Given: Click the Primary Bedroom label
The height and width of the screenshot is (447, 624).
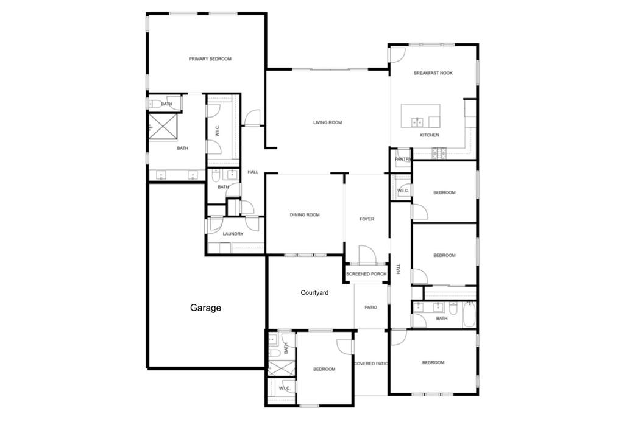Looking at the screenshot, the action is point(210,59).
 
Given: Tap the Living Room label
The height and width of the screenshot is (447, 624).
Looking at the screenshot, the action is point(327,122).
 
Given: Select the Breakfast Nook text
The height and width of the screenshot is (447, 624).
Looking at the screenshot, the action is point(433,73).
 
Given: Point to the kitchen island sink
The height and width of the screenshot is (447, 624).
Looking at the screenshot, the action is point(417,122).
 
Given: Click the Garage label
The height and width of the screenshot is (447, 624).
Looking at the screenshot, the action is point(205,308).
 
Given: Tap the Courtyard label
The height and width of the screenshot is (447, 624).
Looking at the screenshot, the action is point(314,293).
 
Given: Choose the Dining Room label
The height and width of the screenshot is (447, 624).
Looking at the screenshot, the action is point(305,215).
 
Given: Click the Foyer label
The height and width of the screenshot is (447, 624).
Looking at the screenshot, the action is point(366,219).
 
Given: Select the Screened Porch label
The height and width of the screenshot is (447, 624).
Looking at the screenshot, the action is point(366,274).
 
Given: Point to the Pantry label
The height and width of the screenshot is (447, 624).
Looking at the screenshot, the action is point(403,159).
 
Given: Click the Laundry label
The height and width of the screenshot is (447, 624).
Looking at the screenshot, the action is point(233,234).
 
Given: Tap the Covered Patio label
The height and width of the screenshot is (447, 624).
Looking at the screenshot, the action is point(370,364).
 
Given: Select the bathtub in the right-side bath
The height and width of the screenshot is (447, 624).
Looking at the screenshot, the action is point(470,314).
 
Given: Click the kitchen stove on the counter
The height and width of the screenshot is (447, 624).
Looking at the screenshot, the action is point(439,152).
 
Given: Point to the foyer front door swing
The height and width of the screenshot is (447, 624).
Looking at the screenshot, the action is point(367,255).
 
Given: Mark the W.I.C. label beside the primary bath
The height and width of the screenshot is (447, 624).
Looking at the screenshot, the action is point(218,131).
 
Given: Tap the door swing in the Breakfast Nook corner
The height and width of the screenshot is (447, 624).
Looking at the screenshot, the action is point(397,55).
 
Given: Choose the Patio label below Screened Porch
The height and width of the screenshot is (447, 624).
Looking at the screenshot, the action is point(370,308).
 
